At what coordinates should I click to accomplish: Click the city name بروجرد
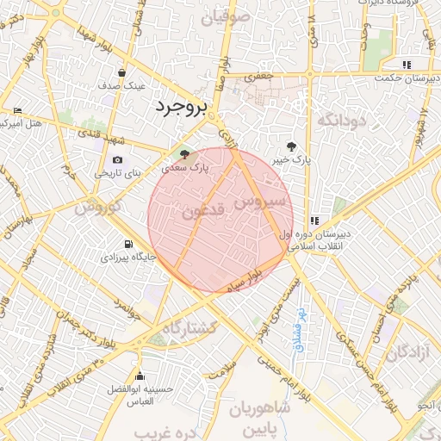pos(182,108)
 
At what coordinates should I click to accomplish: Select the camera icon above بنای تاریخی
pos(117,159)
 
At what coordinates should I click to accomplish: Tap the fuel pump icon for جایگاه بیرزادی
pos(129,244)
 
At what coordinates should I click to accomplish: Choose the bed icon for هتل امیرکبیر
pos(17,110)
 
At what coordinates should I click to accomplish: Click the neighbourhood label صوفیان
pos(227,16)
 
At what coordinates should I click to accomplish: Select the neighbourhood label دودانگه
pos(343,121)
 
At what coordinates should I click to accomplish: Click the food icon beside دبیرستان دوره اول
pos(315,220)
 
